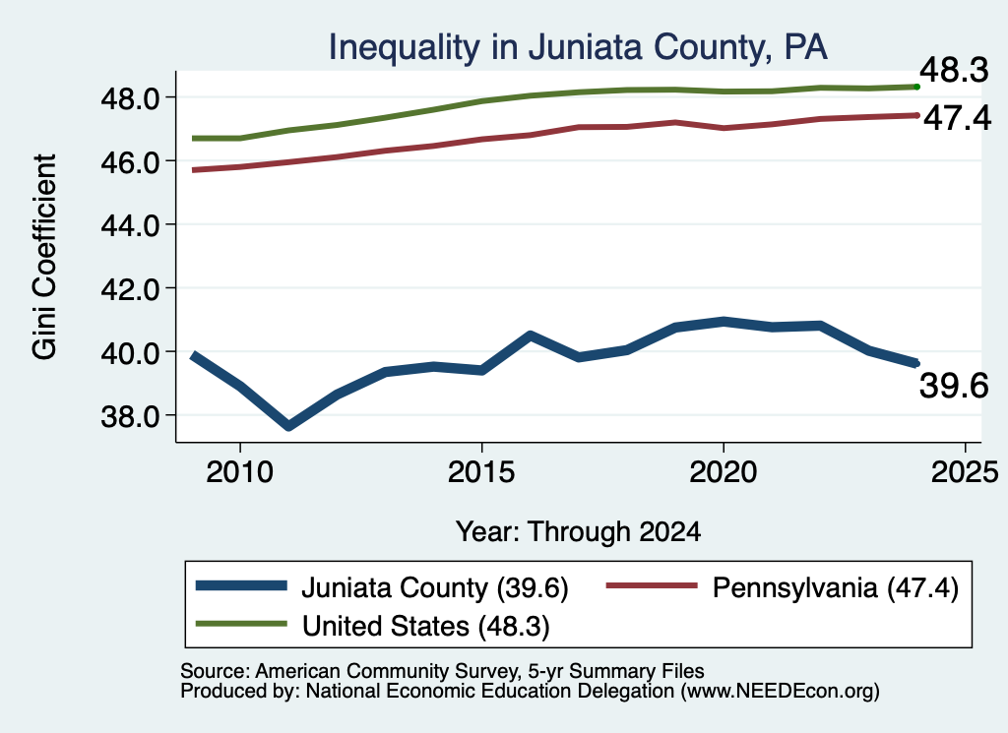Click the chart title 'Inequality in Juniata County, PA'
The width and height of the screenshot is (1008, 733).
(578, 48)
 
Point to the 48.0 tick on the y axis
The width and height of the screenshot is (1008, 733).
(131, 98)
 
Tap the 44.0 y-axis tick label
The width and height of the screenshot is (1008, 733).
(131, 225)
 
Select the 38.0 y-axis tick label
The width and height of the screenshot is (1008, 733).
(131, 416)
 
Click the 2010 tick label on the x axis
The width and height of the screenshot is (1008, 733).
(240, 473)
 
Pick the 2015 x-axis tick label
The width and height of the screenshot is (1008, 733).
(481, 473)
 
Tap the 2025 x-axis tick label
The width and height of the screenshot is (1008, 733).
(965, 473)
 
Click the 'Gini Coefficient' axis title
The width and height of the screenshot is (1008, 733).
(45, 257)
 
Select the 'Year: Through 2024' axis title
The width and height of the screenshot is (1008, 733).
(578, 532)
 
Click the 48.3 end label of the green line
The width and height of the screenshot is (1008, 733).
(954, 70)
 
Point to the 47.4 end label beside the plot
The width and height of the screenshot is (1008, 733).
(957, 118)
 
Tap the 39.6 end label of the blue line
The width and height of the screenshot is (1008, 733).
(954, 386)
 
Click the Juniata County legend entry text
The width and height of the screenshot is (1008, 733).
(435, 588)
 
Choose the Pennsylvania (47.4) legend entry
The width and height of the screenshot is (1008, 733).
(836, 588)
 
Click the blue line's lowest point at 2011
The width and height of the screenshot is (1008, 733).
(288, 426)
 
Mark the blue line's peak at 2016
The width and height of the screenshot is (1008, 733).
(530, 335)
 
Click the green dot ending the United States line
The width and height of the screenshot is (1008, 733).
(916, 87)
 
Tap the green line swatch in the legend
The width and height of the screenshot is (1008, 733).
(241, 624)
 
